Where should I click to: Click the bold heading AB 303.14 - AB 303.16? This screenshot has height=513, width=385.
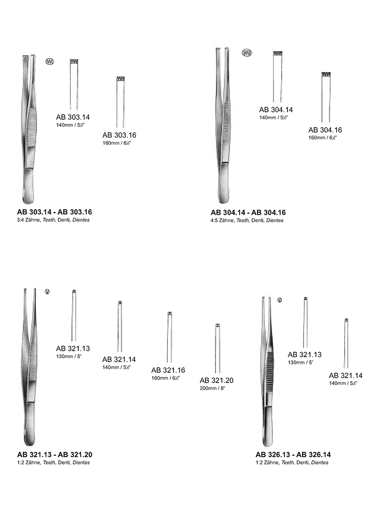pos(55,212)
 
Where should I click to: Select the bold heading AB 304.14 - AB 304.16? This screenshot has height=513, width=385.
pos(248,212)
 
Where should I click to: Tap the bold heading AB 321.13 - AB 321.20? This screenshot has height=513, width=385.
pos(55,455)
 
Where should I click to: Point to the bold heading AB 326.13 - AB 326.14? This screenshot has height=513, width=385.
pos(293,455)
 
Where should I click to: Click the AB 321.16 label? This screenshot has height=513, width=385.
pos(168,370)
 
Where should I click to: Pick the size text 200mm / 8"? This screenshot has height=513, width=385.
pos(213,388)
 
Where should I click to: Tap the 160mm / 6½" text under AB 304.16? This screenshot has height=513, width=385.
pos(323,138)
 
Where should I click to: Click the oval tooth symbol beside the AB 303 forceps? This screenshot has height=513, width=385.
pos(50,61)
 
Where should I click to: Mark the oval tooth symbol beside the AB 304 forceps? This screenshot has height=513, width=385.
pos(247,53)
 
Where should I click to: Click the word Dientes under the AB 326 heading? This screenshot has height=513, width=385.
pos(320,463)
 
